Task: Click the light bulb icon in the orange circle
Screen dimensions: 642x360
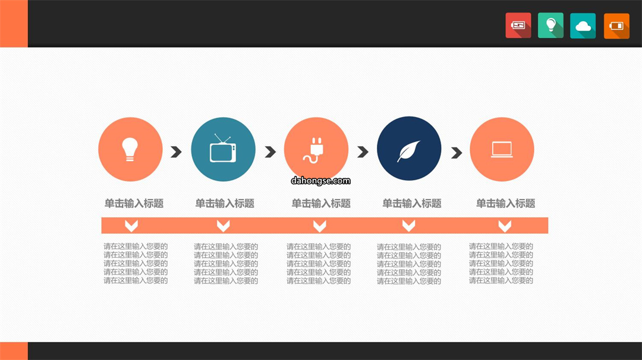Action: [x=130, y=149]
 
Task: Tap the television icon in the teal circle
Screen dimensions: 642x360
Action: [x=223, y=149]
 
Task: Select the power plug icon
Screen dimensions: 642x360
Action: [x=314, y=150]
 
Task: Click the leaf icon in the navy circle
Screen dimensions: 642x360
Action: [x=408, y=150]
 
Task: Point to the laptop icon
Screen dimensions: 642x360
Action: [x=502, y=150]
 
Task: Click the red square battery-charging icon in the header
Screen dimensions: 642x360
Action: [x=518, y=26]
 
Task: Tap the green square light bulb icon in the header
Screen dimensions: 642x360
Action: [x=550, y=26]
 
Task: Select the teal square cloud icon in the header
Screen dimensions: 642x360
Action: [x=583, y=26]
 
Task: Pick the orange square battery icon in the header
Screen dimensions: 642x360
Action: [x=616, y=26]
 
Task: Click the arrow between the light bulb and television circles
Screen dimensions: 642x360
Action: [x=176, y=151]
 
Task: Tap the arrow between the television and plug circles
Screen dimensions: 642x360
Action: [x=270, y=151]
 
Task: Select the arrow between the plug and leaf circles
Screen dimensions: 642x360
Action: [x=363, y=151]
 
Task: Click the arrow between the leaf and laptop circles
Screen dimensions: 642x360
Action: [x=457, y=153]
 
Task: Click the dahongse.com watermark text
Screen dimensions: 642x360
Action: [x=320, y=181]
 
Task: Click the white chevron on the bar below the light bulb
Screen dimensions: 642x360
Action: [x=131, y=225]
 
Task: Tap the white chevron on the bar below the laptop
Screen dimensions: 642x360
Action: [x=505, y=225]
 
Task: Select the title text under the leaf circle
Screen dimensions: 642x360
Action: [x=412, y=203]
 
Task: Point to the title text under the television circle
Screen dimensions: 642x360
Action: [x=225, y=203]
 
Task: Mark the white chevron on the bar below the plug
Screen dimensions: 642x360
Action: [x=320, y=225]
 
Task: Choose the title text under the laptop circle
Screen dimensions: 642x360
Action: [x=506, y=203]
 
